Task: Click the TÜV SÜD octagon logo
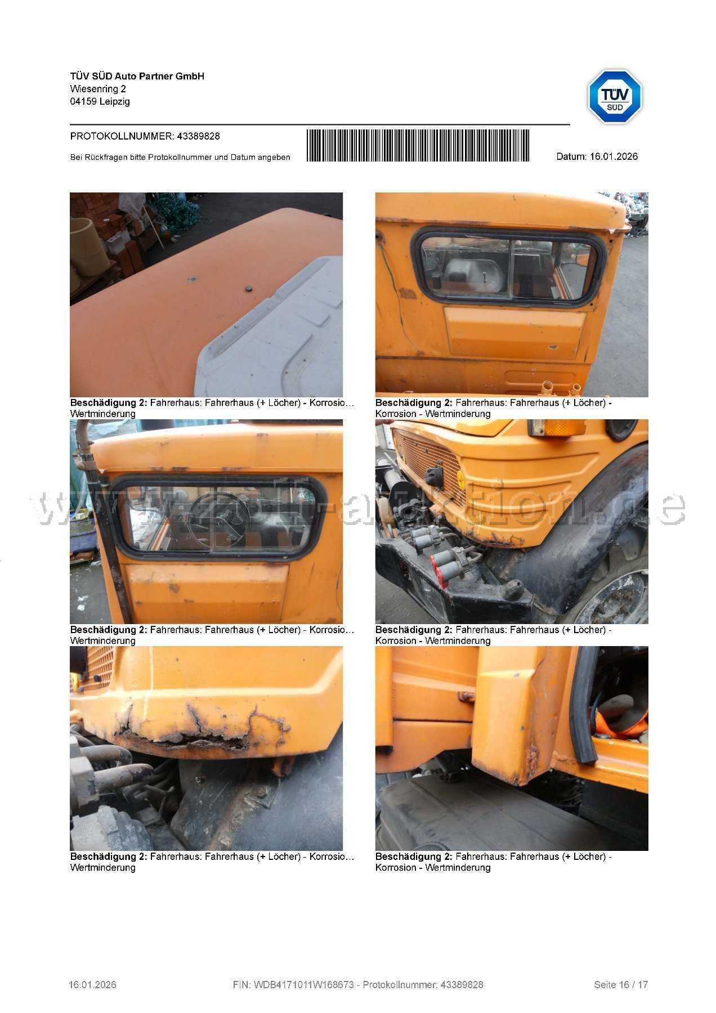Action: click(615, 97)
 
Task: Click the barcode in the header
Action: click(418, 146)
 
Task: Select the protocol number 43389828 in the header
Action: click(198, 136)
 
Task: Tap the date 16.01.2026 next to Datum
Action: click(614, 156)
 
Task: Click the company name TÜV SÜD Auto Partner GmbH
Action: click(137, 76)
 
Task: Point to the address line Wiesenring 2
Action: click(98, 89)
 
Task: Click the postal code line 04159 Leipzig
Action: click(100, 102)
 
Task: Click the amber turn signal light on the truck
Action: click(554, 428)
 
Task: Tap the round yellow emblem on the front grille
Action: click(460, 479)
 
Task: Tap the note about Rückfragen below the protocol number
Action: click(180, 158)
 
